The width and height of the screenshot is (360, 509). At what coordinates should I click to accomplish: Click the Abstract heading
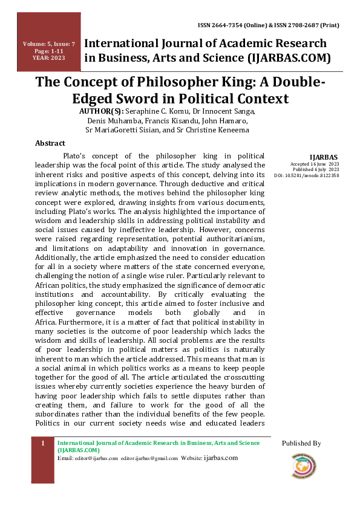click(x=50, y=143)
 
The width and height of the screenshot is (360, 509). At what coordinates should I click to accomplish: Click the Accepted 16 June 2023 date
click(x=315, y=164)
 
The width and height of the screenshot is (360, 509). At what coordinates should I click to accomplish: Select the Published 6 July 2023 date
click(x=315, y=170)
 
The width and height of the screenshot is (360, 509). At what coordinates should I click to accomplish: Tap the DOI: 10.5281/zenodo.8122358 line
click(x=306, y=175)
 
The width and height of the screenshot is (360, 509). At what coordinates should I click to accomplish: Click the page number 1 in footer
click(x=43, y=444)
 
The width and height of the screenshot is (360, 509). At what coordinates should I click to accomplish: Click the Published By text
click(x=301, y=444)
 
